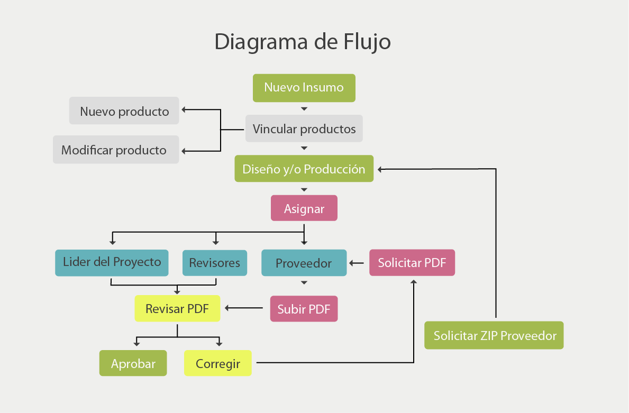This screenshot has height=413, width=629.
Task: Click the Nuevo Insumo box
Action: point(304,88)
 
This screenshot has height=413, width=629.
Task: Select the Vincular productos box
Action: point(304,129)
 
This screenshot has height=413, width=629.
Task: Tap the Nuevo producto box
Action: point(124,111)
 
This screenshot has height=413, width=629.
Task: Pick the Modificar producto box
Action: point(115,150)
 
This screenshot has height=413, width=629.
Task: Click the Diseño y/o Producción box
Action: point(304,169)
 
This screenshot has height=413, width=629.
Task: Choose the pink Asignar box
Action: point(304,208)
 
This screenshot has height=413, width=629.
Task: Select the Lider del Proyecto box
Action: point(112,262)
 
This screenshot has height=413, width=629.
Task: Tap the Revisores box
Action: point(214,263)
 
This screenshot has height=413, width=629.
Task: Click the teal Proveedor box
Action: point(304,263)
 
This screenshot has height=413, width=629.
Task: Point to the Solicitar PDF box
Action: point(412,263)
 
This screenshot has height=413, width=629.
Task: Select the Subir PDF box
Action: point(304,309)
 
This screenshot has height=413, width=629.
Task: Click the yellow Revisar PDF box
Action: point(177,308)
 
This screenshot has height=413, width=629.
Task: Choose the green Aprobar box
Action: point(133,363)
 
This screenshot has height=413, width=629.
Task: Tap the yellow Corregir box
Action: point(217,363)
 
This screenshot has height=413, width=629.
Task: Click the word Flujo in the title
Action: point(365,41)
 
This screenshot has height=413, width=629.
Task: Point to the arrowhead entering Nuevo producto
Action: point(184,110)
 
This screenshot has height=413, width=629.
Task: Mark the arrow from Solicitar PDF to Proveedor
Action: point(357,263)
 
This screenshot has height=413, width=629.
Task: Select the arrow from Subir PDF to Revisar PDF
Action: point(244,307)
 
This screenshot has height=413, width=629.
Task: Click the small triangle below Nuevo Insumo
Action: point(304,109)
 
